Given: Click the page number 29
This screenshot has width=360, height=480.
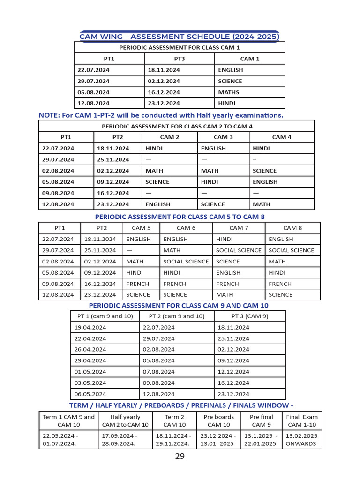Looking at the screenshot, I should click(x=180, y=457).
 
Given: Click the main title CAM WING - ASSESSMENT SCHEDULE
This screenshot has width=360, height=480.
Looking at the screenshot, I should click(x=180, y=37).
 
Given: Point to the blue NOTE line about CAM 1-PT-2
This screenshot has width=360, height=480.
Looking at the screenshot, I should click(x=161, y=115).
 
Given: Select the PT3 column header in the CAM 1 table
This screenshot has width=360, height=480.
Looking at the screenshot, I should click(x=180, y=59).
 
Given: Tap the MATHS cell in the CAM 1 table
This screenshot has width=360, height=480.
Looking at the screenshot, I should click(x=229, y=92).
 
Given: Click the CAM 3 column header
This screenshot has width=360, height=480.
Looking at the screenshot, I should click(x=223, y=137).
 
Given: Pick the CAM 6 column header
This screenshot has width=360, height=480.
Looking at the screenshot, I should click(x=186, y=228).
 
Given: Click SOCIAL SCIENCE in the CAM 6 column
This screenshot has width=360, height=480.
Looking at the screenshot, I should click(x=186, y=262).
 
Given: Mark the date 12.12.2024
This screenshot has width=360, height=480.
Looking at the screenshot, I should click(x=233, y=372).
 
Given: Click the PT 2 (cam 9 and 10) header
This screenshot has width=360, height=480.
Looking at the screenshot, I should click(x=177, y=316).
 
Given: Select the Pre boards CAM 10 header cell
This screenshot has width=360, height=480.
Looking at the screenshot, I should click(x=219, y=420).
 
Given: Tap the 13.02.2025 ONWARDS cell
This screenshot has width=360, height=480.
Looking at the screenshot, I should click(x=301, y=439).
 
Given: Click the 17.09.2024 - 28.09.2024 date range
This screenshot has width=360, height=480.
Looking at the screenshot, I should click(x=125, y=439).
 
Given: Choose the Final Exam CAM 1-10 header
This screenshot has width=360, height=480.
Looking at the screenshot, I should click(x=302, y=420).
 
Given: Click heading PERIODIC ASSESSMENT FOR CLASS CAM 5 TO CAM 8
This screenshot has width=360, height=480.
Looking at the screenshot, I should click(x=180, y=217).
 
